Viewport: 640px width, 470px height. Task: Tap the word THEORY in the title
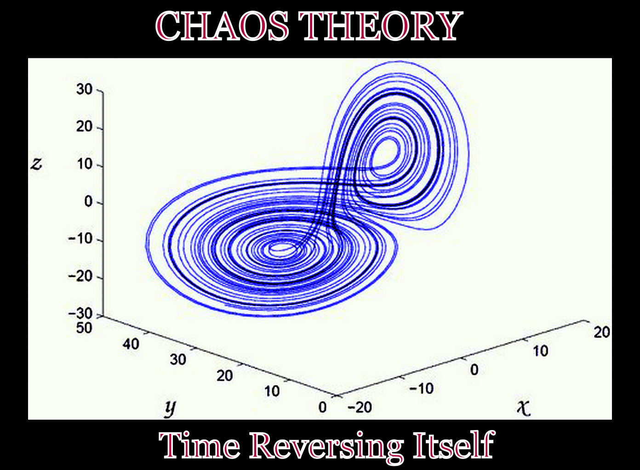379,26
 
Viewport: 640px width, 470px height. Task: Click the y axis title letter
170,408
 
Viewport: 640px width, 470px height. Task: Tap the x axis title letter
524,408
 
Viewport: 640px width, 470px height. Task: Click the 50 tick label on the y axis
84,328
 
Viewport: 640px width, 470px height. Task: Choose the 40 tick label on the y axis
131,343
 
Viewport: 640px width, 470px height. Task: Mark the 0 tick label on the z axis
88,202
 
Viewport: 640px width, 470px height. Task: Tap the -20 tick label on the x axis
360,407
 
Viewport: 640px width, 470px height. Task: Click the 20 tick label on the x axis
601,332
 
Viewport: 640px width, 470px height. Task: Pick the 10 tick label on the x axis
540,351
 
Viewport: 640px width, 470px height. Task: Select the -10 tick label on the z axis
80,239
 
